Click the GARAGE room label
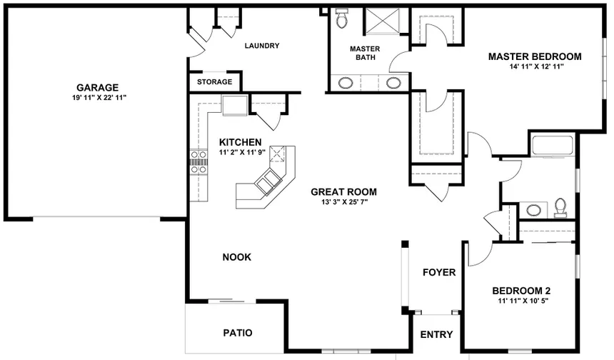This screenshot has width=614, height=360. (x=98, y=87)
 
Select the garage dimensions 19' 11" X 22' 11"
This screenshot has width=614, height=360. (x=98, y=97)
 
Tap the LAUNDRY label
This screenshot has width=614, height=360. (x=261, y=46)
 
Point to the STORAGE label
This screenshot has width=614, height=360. (x=214, y=82)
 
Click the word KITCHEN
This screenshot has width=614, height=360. (x=240, y=141)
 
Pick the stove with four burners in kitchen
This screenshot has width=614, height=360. (x=198, y=161)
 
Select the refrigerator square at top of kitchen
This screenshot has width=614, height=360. (x=233, y=106)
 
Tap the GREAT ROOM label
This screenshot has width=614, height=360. (x=343, y=191)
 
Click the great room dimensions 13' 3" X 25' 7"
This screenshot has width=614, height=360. (x=343, y=202)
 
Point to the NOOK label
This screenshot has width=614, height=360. (x=236, y=257)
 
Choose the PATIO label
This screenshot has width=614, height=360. (x=237, y=333)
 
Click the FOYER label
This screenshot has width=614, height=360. (x=439, y=272)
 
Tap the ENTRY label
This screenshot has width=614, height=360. (x=436, y=334)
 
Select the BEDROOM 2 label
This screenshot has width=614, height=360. (x=521, y=291)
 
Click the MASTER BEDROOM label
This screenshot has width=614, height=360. (x=534, y=56)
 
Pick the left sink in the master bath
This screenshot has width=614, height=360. (x=345, y=83)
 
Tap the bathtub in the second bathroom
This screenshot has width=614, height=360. (x=552, y=146)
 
